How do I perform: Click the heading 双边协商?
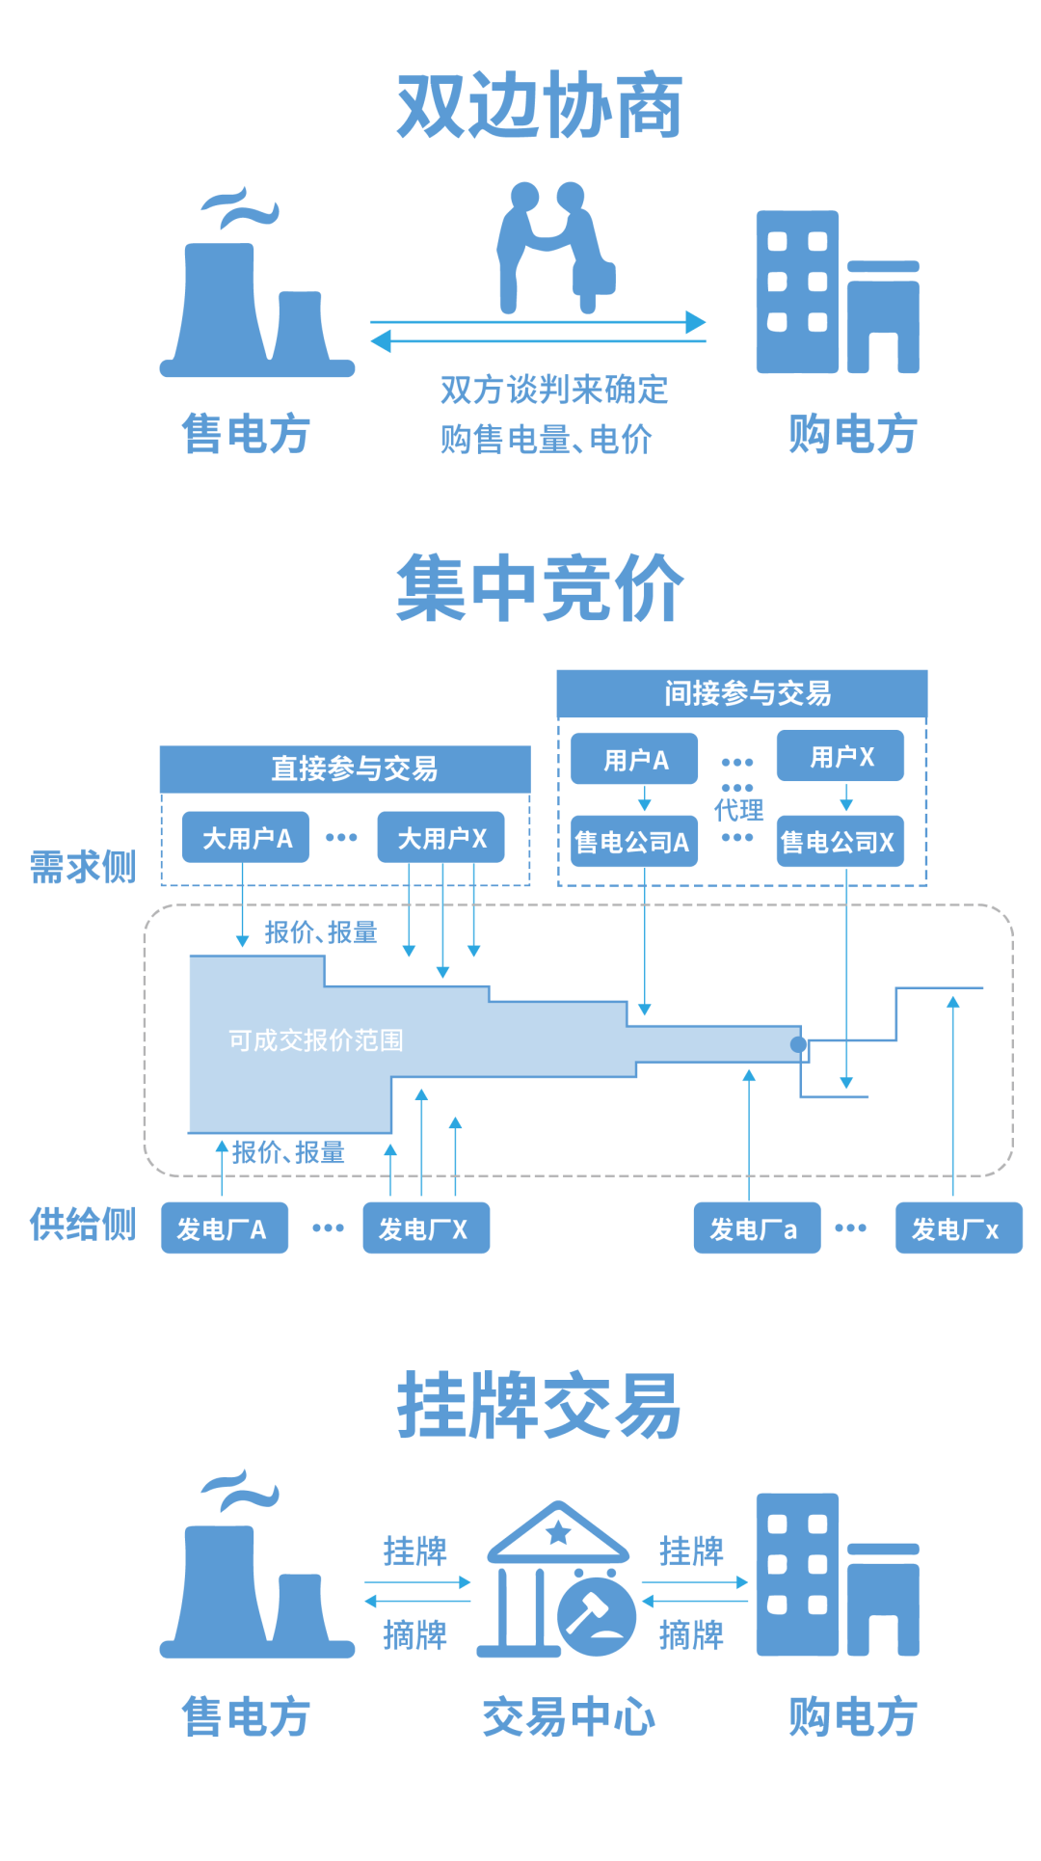pyautogui.click(x=539, y=106)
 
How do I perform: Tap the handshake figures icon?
pyautogui.click(x=554, y=247)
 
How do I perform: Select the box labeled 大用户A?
pyautogui.click(x=246, y=837)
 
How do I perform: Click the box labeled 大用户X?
pyautogui.click(x=440, y=837)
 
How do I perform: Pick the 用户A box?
pyautogui.click(x=634, y=760)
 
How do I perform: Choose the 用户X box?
pyautogui.click(x=841, y=756)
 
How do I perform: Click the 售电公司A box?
pyautogui.click(x=633, y=842)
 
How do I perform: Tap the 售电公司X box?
pyautogui.click(x=840, y=842)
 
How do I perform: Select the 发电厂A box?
pyautogui.click(x=224, y=1228)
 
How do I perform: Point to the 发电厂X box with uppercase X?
pyautogui.click(x=425, y=1228)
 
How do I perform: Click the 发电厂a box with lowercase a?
pyautogui.click(x=757, y=1228)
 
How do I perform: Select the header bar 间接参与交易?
pyautogui.click(x=742, y=693)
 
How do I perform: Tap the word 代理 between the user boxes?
pyautogui.click(x=738, y=810)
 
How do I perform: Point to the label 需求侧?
pyautogui.click(x=83, y=867)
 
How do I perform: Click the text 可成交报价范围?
pyautogui.click(x=315, y=1039)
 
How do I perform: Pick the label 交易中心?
pyautogui.click(x=568, y=1717)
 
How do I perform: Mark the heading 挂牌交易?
pyautogui.click(x=539, y=1406)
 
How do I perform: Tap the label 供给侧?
pyautogui.click(x=83, y=1225)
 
